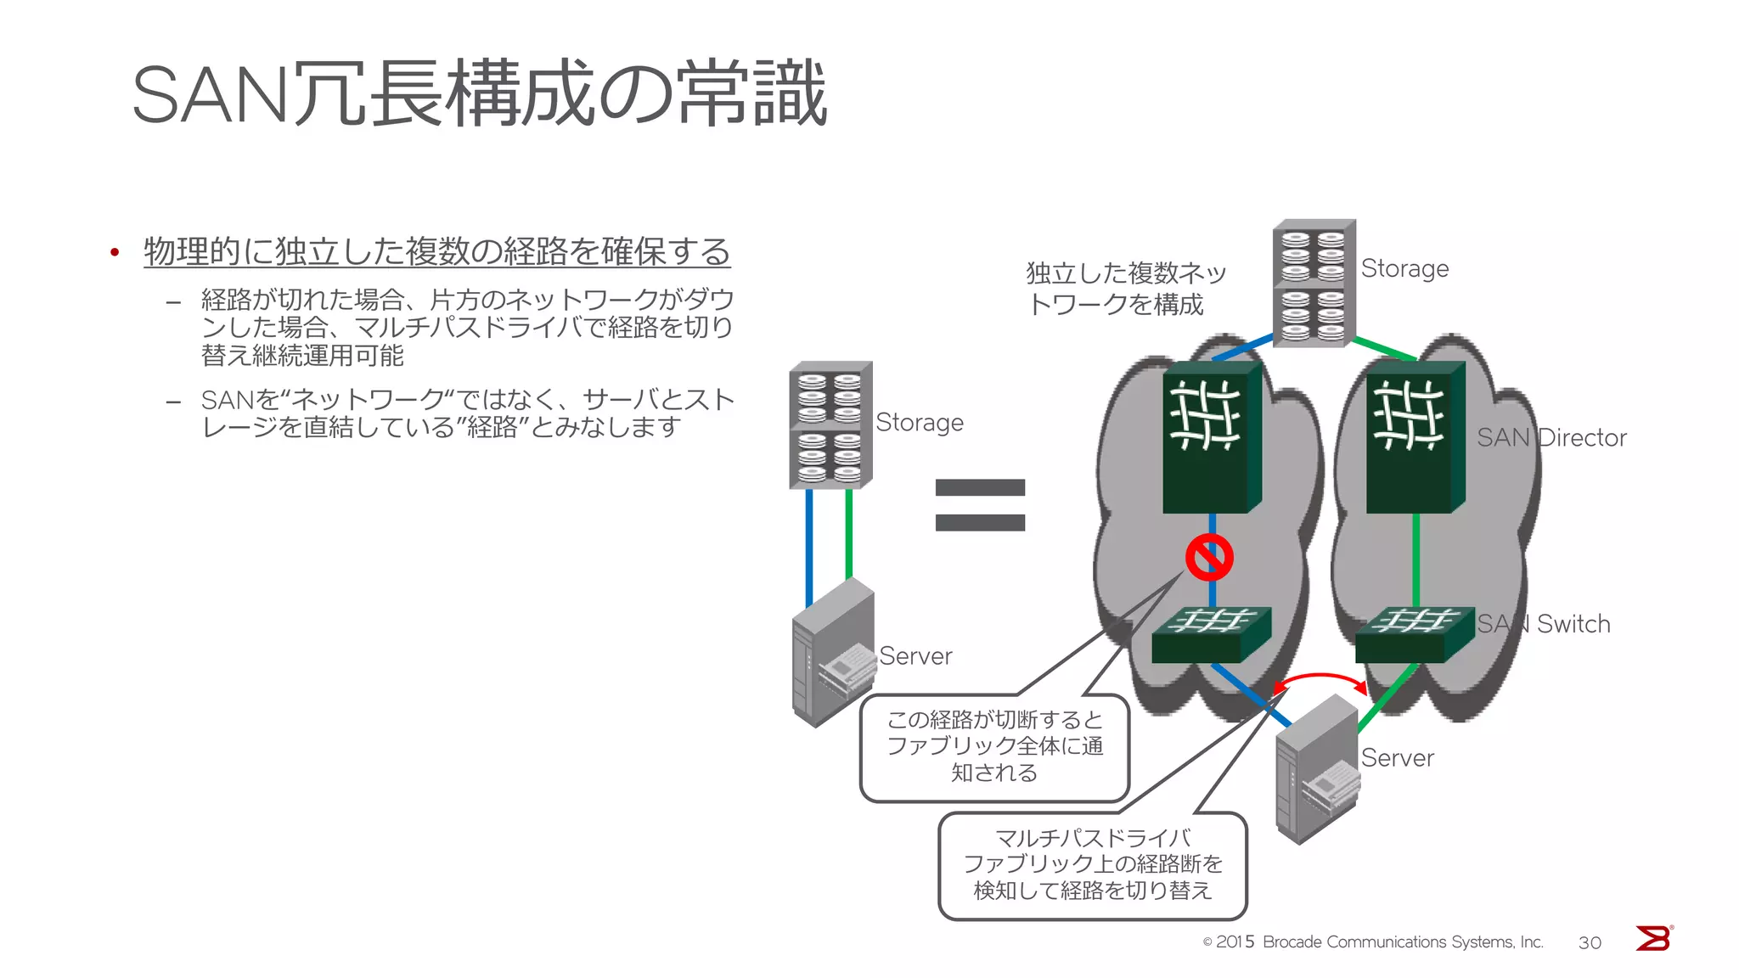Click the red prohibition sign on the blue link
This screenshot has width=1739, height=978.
(x=1209, y=558)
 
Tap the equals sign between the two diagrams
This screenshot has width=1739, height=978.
(x=980, y=505)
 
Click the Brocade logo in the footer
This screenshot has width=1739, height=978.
(x=1653, y=939)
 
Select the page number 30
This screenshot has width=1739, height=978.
(x=1590, y=942)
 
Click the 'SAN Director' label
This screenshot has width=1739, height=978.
(x=1551, y=438)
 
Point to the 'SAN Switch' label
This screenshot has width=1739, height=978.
(x=1543, y=624)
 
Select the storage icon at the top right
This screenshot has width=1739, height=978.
(x=1314, y=283)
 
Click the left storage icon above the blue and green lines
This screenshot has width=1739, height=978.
(x=830, y=424)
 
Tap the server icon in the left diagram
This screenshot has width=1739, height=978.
(x=833, y=652)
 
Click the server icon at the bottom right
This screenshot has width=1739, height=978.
(x=1317, y=769)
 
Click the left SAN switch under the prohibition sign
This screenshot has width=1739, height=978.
(x=1210, y=634)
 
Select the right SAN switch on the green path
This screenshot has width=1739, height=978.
(x=1414, y=634)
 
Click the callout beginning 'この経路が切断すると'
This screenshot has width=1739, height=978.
(x=994, y=747)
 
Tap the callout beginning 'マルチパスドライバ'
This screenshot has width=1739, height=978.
(x=1092, y=865)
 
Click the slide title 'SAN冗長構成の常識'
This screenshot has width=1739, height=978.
(x=480, y=93)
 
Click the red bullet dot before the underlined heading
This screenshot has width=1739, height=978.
(x=115, y=252)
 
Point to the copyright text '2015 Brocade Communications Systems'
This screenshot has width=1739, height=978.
(x=1373, y=942)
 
